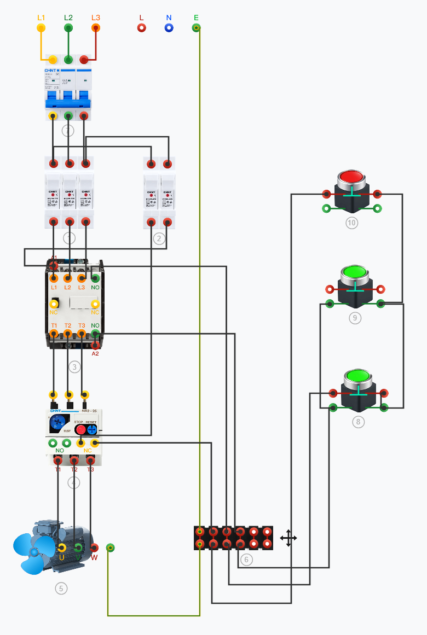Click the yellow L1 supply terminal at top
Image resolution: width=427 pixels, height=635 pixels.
tap(41, 27)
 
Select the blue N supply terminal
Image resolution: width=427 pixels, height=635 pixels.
tap(169, 27)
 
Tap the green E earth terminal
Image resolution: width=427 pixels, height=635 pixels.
tap(196, 27)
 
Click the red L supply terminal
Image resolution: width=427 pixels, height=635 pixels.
tap(142, 27)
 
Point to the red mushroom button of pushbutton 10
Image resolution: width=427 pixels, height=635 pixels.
tap(351, 177)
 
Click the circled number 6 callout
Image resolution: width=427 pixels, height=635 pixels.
tap(246, 560)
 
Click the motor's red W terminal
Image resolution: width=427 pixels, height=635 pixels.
tap(94, 548)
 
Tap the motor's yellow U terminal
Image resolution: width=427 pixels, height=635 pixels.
tap(62, 548)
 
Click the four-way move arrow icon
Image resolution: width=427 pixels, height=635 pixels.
tap(288, 538)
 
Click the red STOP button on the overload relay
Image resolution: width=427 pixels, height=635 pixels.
tap(80, 429)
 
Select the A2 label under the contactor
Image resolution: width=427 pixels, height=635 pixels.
tap(95, 354)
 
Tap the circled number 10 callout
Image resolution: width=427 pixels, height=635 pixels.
tap(351, 223)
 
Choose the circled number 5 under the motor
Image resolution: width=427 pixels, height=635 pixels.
tap(61, 589)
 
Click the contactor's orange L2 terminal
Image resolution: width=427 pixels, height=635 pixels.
tap(68, 278)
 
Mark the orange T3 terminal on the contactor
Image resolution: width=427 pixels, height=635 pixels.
tap(82, 333)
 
